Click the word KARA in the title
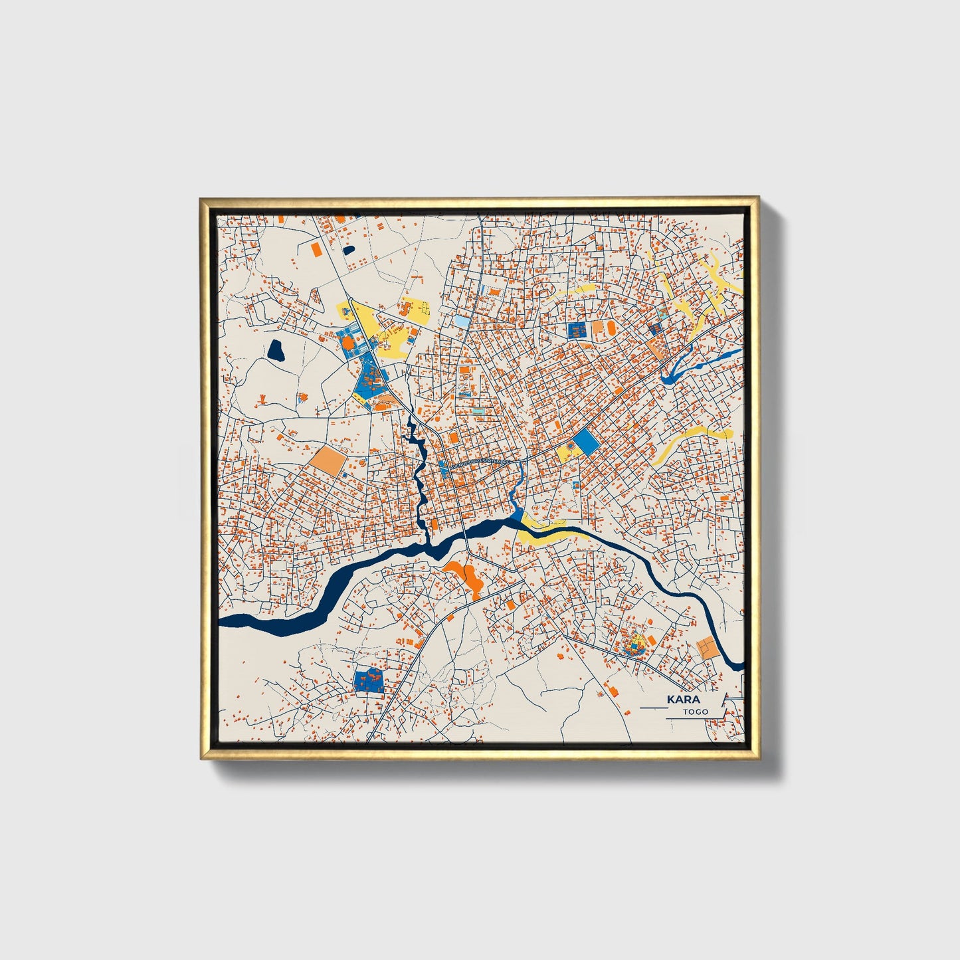click(684, 700)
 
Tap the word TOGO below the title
click(696, 712)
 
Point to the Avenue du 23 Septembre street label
click(480, 462)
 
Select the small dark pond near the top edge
click(349, 250)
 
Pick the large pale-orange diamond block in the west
click(327, 460)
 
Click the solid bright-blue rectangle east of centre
click(585, 440)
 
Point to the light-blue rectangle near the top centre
click(461, 322)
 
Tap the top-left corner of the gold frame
click(202, 200)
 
